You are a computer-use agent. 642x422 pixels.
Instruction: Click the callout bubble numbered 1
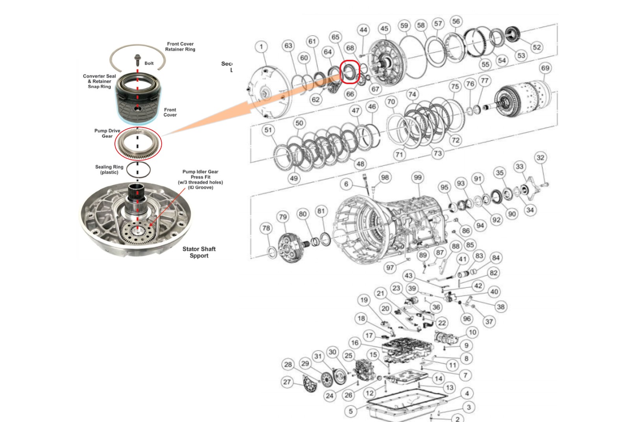[261, 47]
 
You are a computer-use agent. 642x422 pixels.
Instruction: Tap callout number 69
[545, 68]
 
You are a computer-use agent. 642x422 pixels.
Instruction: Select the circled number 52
[537, 47]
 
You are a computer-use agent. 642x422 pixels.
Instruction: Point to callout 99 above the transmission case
[417, 177]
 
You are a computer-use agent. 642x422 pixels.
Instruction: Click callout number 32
[541, 158]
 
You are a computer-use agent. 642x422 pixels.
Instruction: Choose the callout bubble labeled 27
[287, 382]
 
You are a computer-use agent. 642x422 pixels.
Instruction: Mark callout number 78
[266, 228]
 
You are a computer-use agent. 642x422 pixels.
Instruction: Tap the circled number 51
[268, 130]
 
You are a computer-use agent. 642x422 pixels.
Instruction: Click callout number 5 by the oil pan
[351, 411]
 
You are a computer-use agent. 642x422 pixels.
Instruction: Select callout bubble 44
[363, 29]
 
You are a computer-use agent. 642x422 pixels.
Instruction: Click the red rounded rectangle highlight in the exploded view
[350, 72]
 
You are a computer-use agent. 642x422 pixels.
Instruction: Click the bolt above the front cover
[137, 60]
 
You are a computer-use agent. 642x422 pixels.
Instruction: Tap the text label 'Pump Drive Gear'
[107, 133]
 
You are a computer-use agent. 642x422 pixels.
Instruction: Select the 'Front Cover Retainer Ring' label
[180, 47]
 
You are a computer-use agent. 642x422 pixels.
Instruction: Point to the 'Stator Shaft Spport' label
[199, 252]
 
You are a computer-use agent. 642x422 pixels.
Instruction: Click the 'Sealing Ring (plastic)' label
[109, 170]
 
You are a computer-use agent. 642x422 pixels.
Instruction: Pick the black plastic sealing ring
[138, 170]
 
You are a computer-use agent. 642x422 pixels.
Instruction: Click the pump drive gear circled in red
[138, 144]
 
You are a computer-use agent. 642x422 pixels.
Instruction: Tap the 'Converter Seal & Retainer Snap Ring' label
[100, 81]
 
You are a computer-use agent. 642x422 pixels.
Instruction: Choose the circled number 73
[437, 153]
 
